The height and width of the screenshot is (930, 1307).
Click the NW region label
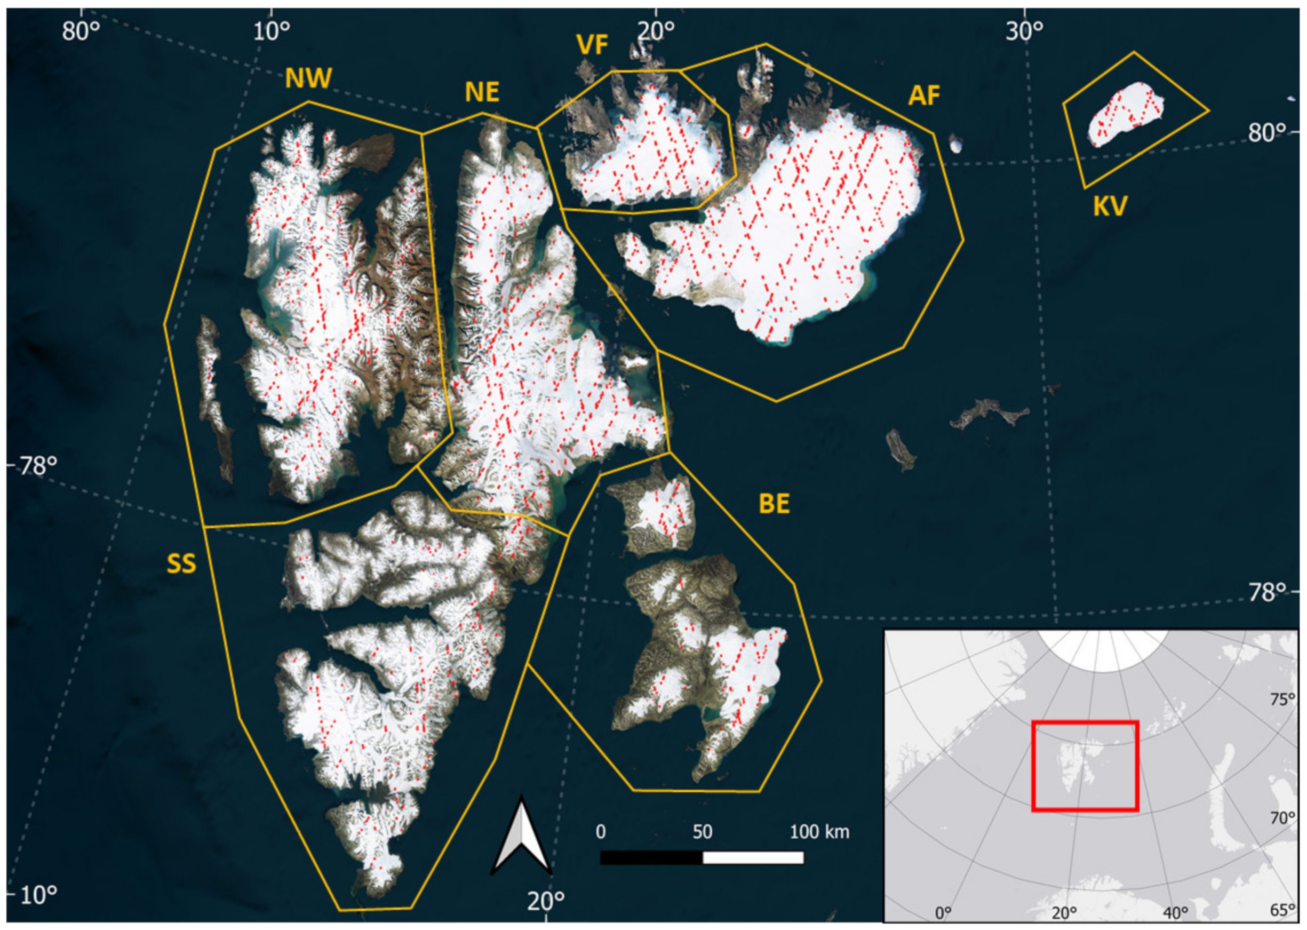tap(308, 78)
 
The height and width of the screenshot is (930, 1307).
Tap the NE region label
tap(482, 92)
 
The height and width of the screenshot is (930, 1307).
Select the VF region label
tap(592, 45)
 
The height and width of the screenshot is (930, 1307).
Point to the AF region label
tap(924, 96)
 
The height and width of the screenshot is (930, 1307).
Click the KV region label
tap(1110, 206)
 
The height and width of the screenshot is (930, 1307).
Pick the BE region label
tap(774, 504)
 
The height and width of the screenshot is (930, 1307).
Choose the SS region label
tap(181, 564)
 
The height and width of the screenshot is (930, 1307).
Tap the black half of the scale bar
tap(651, 857)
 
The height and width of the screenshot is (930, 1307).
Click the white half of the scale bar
tap(753, 857)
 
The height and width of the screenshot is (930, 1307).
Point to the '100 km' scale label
tap(819, 831)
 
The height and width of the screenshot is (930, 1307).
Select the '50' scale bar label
tap(702, 831)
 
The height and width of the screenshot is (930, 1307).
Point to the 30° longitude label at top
tap(1024, 31)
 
